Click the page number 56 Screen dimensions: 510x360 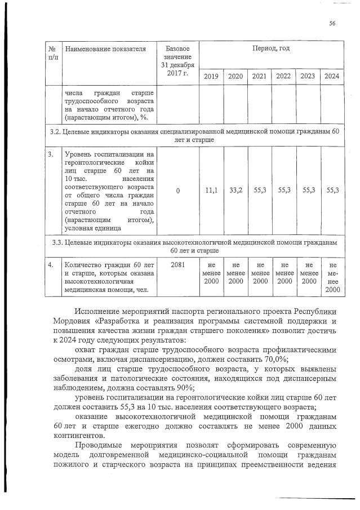click(332, 23)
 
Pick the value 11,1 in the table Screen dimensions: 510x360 click(211, 191)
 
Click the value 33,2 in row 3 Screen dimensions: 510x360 click(235, 191)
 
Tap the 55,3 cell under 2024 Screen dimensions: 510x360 click(332, 191)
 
